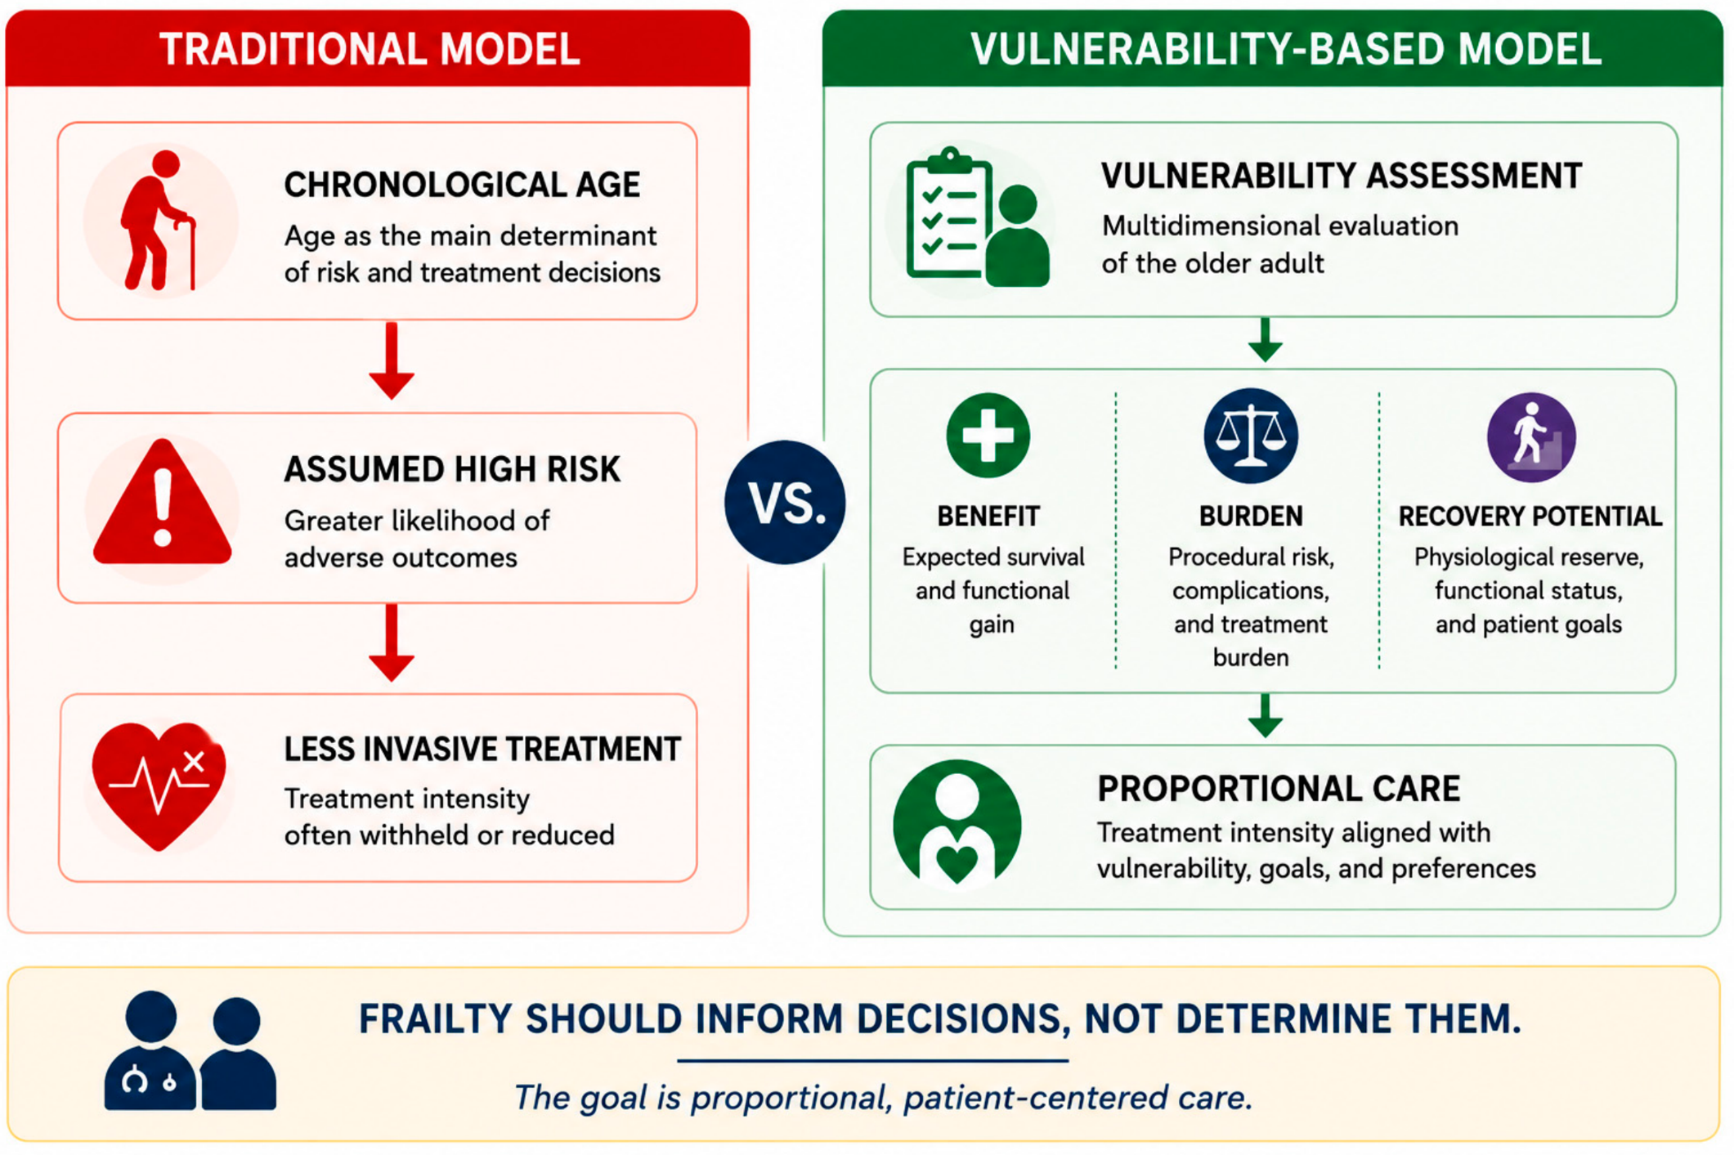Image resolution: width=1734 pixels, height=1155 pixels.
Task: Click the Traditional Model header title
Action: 370,49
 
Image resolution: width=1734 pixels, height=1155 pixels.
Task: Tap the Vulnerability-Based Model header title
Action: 1286,49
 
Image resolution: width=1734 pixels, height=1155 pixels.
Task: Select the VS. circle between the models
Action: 785,502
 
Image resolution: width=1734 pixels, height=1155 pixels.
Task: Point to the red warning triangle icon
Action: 163,502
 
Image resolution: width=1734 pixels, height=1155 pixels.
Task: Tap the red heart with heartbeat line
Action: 159,786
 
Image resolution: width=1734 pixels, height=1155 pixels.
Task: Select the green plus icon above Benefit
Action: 988,435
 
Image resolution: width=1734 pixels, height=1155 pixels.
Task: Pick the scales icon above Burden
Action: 1250,436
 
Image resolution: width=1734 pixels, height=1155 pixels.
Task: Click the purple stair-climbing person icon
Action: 1530,437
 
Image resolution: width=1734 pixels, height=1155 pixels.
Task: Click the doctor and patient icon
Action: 190,1050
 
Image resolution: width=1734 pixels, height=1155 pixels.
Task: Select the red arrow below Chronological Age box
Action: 392,360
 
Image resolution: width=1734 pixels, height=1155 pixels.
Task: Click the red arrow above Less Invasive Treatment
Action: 392,642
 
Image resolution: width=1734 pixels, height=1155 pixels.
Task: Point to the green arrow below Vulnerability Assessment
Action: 1265,340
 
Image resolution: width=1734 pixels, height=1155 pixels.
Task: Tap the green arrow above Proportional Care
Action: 1265,716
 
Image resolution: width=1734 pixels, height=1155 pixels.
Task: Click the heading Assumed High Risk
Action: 452,469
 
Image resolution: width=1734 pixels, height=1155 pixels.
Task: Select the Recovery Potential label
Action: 1530,517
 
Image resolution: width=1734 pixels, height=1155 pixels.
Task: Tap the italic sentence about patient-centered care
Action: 883,1097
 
